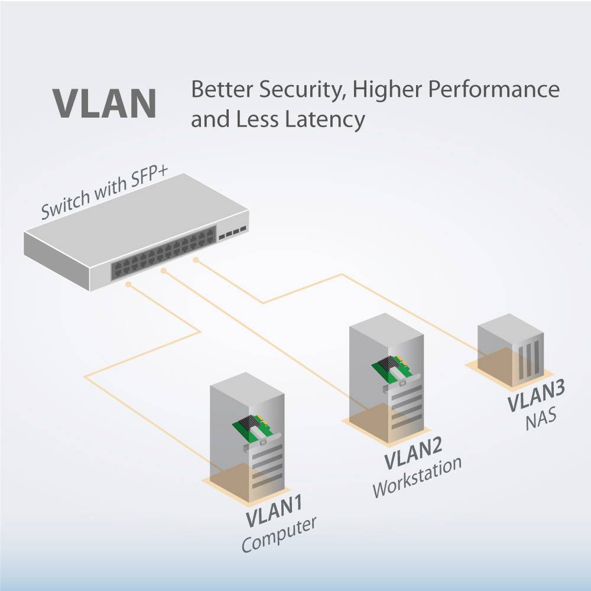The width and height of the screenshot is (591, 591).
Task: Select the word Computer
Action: (x=279, y=534)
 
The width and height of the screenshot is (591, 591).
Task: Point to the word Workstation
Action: (x=417, y=476)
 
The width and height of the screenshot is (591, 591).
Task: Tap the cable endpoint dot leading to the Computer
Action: (x=129, y=283)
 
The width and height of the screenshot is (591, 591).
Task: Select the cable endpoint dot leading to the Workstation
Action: (x=164, y=271)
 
